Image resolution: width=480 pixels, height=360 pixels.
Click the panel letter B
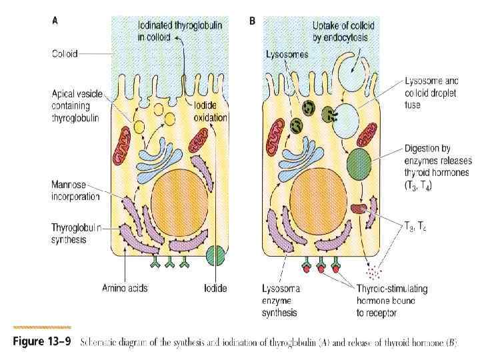(252, 21)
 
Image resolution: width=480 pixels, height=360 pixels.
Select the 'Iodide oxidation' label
(210, 112)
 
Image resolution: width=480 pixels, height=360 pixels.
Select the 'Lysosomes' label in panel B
(287, 55)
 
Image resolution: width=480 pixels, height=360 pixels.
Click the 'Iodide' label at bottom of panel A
(215, 289)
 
